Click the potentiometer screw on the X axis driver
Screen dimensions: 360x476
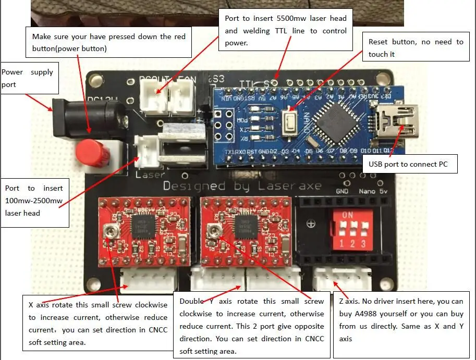tap(109, 230)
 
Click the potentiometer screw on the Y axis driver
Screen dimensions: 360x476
tap(212, 230)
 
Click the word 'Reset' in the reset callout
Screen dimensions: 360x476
tap(379, 42)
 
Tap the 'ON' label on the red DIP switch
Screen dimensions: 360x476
tap(347, 215)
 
